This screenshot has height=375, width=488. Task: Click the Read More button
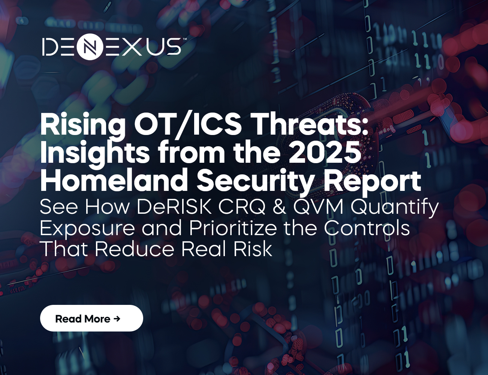tap(91, 318)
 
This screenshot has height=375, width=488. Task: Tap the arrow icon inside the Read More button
tap(117, 319)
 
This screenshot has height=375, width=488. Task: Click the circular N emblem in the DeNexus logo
tap(90, 47)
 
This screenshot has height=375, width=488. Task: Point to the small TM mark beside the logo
tap(184, 39)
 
